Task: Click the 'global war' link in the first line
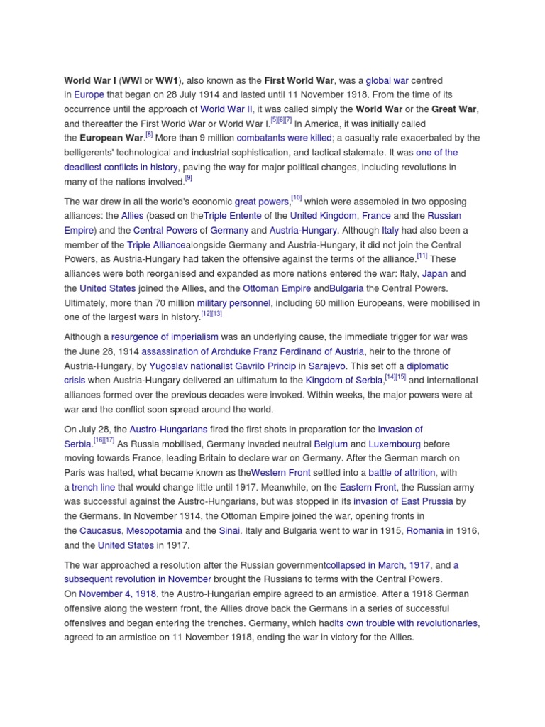pos(387,81)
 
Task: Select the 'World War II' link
pos(226,109)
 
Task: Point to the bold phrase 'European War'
pos(111,138)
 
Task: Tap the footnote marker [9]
pos(188,178)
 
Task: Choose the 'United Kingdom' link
pos(323,216)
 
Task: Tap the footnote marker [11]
pos(422,256)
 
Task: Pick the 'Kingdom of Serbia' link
pos(344,381)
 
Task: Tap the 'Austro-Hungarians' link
pos(167,430)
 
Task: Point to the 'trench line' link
pos(93,487)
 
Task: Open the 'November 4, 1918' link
pos(117,594)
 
